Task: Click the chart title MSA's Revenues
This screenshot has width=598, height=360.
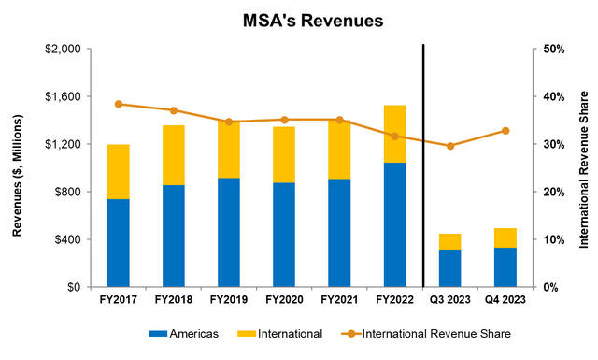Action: point(299,18)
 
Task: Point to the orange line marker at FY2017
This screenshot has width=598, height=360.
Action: point(118,104)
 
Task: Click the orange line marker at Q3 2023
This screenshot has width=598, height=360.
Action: point(450,146)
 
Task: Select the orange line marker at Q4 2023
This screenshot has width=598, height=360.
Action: point(505,130)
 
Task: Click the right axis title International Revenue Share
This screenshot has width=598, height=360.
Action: point(584,168)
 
